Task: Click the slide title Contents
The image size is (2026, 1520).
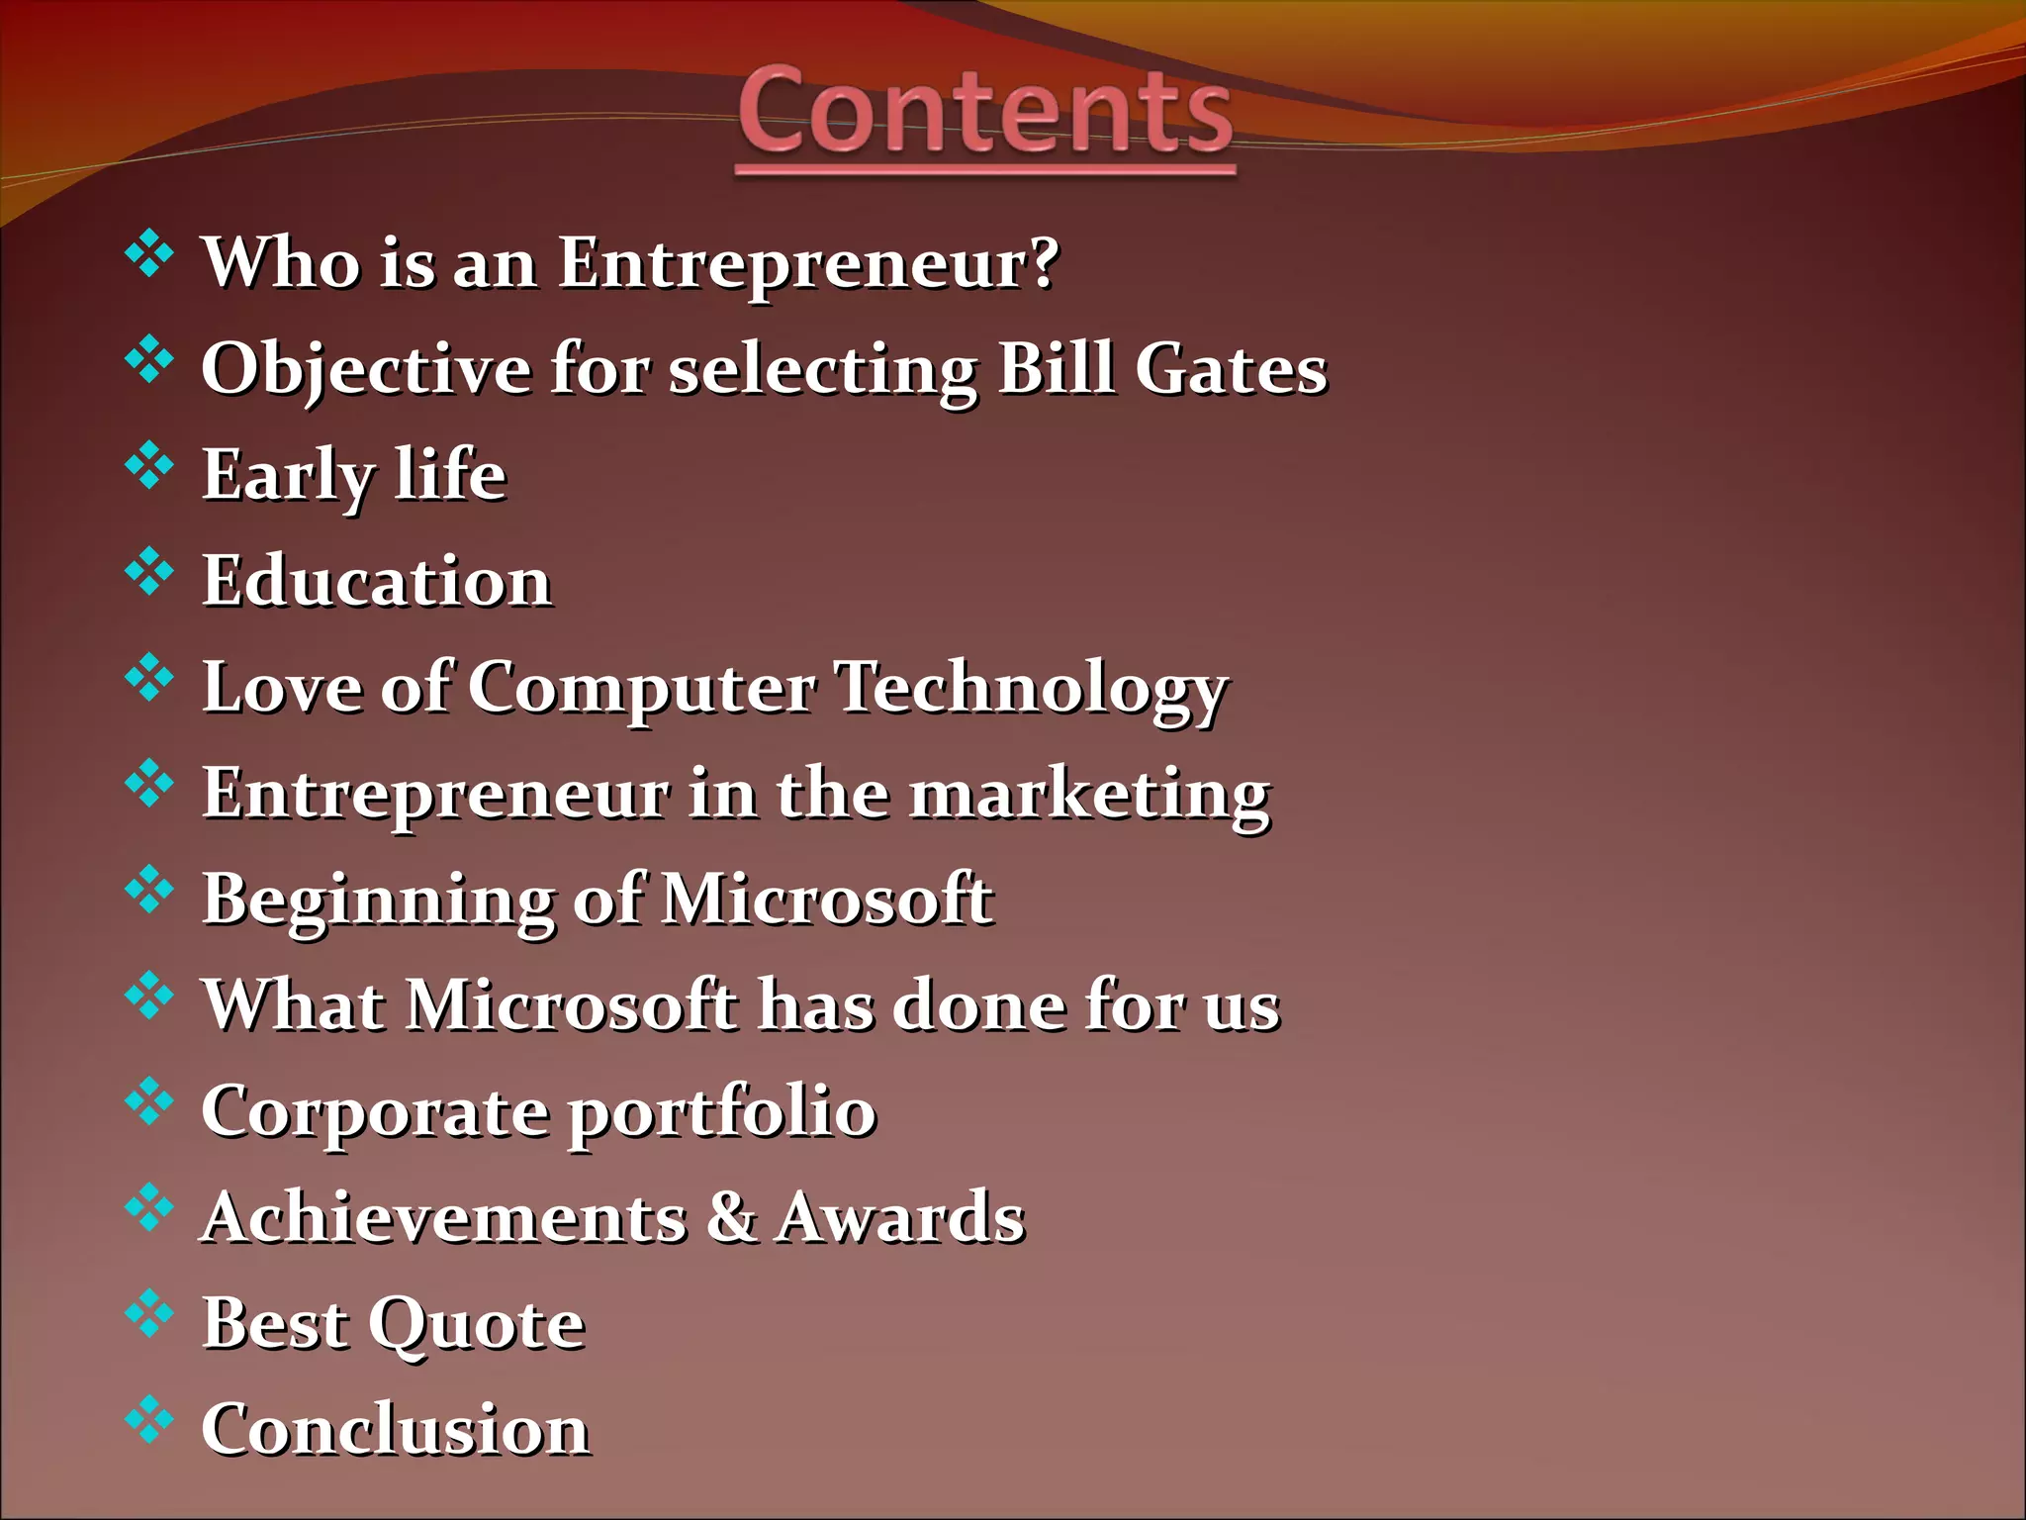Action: tap(985, 111)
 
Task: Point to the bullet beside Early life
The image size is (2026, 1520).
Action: tap(149, 465)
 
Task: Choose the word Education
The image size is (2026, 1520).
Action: tap(377, 581)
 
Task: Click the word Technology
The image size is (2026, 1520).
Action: tap(1031, 689)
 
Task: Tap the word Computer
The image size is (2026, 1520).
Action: tap(642, 689)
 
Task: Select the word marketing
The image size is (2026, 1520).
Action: tap(1089, 796)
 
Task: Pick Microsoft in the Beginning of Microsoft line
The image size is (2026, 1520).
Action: tap(827, 900)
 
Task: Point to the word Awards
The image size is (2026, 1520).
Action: tap(899, 1217)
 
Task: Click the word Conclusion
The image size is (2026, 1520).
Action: tap(396, 1430)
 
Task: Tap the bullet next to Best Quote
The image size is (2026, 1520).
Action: tap(149, 1313)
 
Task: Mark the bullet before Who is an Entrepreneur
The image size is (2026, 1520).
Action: tap(149, 252)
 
